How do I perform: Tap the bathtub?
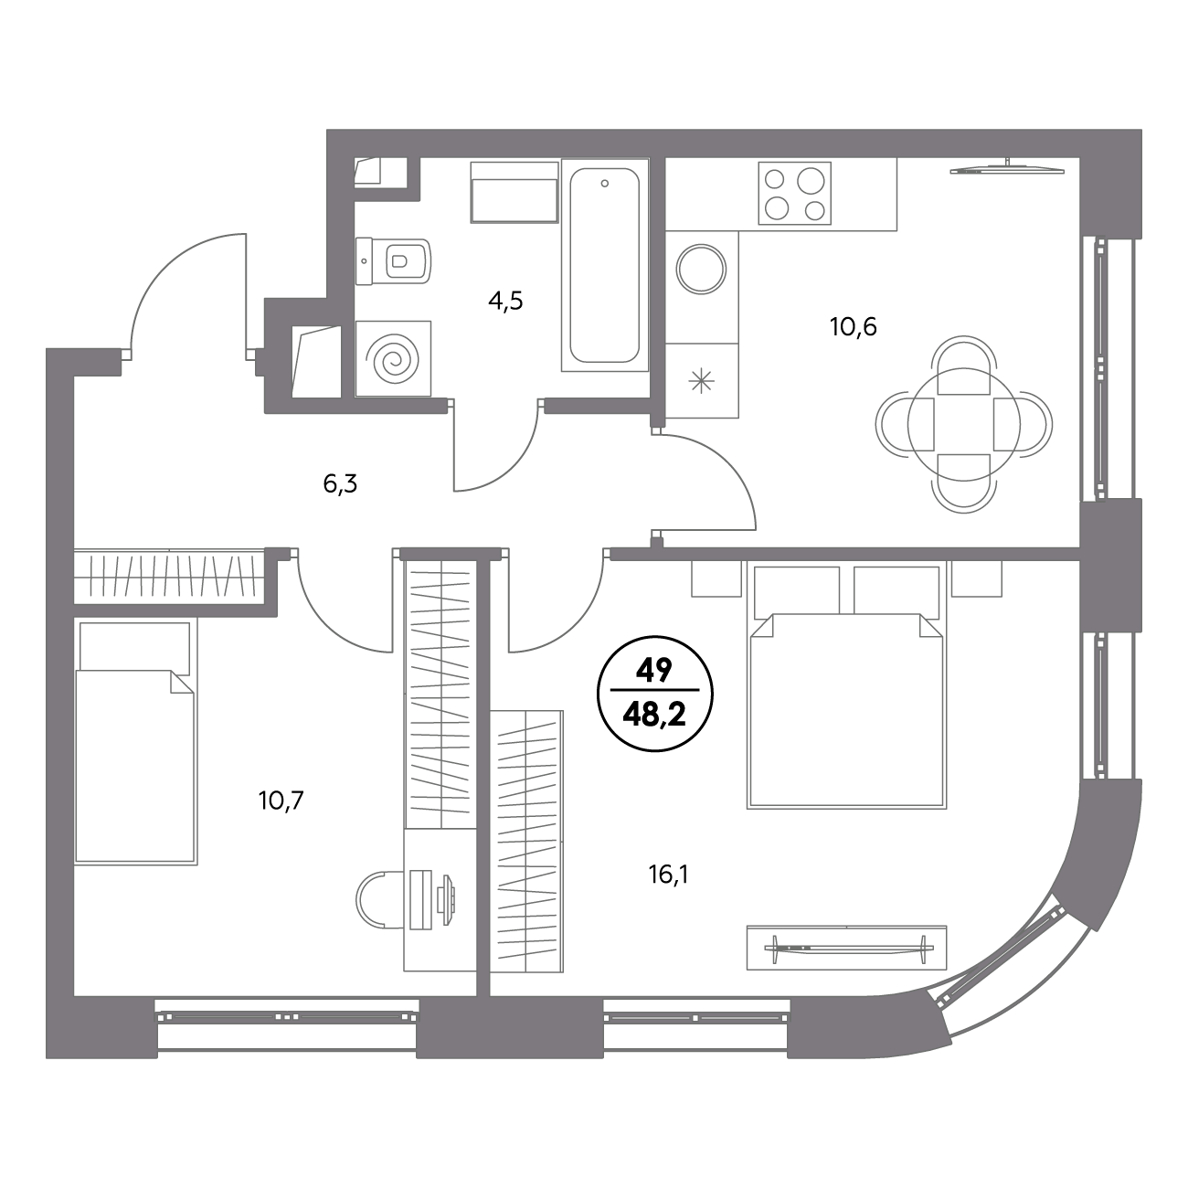click(x=605, y=265)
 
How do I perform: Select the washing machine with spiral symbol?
click(x=393, y=358)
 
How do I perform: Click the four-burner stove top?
click(x=795, y=193)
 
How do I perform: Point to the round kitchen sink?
click(x=701, y=269)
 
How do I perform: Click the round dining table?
click(x=963, y=424)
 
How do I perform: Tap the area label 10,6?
click(x=854, y=327)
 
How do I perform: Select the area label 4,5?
click(x=505, y=301)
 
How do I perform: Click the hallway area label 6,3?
click(x=340, y=484)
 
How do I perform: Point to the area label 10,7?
click(x=281, y=801)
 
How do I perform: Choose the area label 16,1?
click(x=668, y=875)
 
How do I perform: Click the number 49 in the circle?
click(x=654, y=670)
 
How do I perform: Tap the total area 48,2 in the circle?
click(x=654, y=716)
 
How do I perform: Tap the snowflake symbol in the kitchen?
click(x=702, y=381)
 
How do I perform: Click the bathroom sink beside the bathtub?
click(x=514, y=192)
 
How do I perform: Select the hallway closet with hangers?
click(x=165, y=575)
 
